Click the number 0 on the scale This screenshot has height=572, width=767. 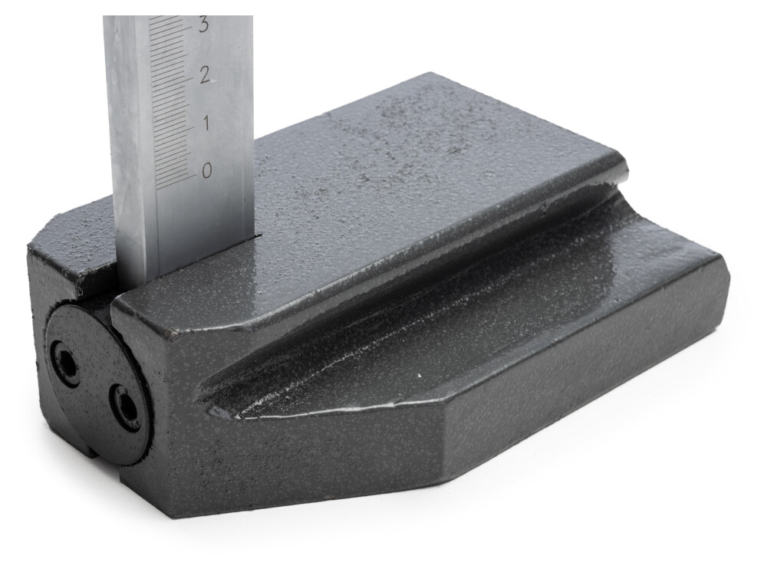(207, 171)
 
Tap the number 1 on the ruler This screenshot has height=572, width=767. (206, 123)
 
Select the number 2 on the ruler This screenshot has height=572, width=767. (205, 75)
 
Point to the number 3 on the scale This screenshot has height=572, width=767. (203, 25)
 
